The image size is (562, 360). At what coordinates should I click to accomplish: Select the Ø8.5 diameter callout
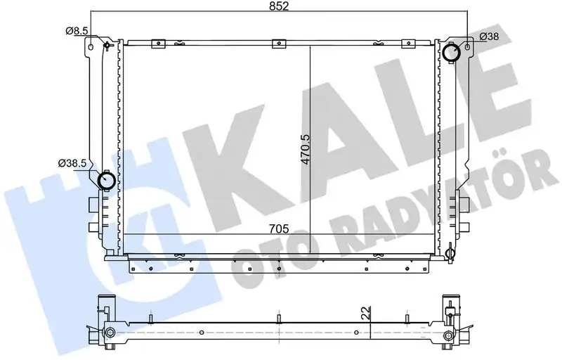(76, 30)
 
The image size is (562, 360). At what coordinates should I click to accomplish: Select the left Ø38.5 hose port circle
(107, 181)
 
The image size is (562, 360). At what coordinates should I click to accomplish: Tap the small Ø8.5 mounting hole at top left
(106, 47)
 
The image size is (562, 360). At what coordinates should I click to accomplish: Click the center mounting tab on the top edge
(279, 44)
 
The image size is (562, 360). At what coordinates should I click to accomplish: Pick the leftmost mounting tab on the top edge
(159, 44)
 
